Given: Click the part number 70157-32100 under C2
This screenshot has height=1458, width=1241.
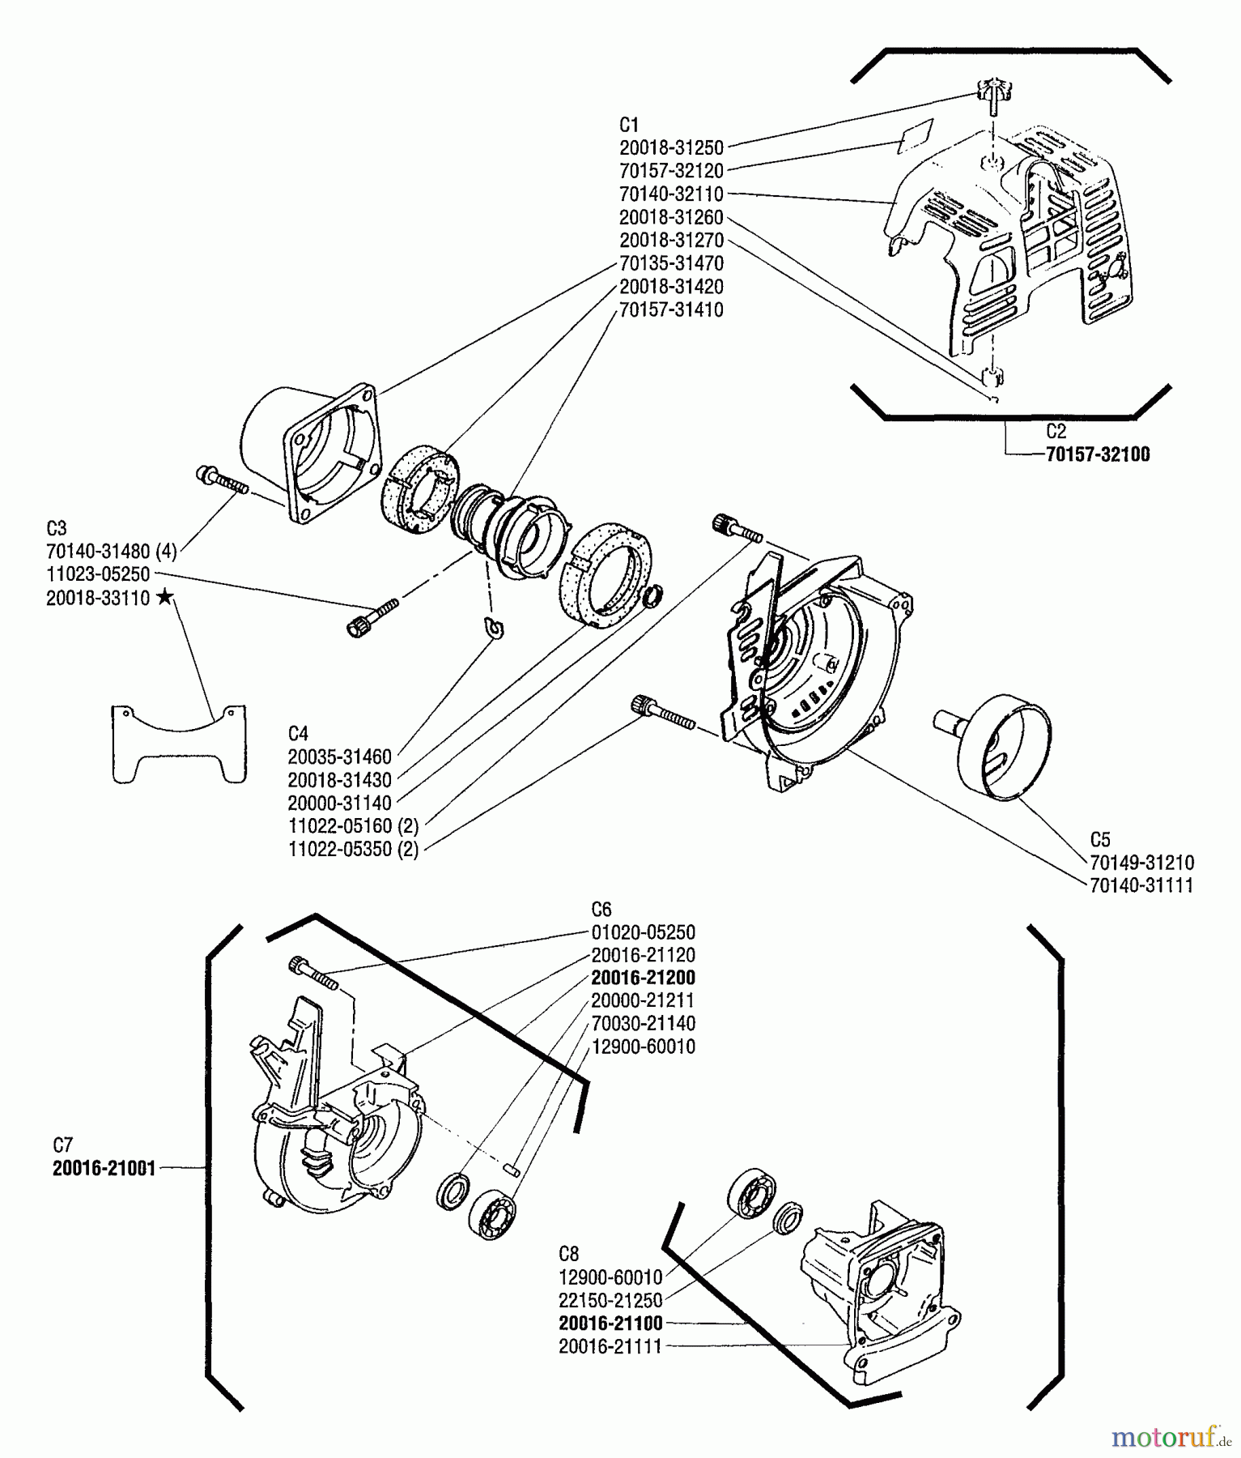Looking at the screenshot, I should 1097,454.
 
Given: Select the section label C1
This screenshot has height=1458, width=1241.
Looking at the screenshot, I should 629,125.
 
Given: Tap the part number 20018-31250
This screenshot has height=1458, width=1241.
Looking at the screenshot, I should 671,148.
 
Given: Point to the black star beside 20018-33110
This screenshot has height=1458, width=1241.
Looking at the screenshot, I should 165,598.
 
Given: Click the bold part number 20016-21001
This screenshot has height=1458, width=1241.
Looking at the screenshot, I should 104,1169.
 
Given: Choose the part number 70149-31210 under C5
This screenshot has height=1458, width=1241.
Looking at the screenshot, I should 1141,863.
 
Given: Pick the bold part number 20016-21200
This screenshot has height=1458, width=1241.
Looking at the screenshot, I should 643,978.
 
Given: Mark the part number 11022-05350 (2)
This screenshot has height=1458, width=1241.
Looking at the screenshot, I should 353,850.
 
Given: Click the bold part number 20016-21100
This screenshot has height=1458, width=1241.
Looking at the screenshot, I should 610,1324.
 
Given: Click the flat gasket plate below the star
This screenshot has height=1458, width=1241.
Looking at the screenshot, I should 178,744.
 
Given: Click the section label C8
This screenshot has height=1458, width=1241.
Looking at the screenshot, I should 568,1254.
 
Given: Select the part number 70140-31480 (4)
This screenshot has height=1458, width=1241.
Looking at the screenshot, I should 111,552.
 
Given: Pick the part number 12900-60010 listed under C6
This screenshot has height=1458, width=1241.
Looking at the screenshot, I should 643,1047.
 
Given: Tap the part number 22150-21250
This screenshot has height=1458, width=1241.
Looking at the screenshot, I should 610,1300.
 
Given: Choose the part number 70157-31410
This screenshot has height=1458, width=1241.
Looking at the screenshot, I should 671,310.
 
